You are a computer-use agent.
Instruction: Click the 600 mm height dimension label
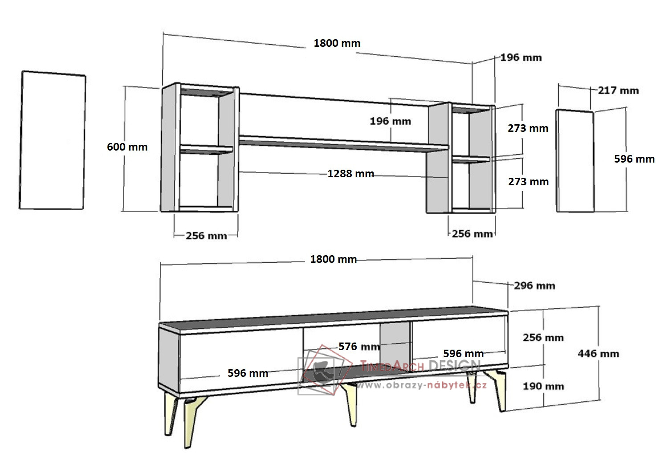127,147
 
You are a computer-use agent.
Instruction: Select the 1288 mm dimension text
351,174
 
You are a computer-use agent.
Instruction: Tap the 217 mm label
618,90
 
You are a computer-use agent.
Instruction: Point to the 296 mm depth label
534,286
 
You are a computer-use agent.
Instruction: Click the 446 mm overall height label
598,354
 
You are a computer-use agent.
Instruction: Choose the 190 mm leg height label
543,386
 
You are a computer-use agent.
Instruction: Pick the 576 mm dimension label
359,347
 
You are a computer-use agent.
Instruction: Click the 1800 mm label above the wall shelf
337,43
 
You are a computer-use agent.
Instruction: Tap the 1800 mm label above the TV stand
334,259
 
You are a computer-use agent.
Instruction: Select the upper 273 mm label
528,128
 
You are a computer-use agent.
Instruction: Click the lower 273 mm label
528,182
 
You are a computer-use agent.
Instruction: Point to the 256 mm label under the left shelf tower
206,236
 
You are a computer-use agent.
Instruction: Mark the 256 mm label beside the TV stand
543,338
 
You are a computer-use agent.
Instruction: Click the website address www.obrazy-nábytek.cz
421,385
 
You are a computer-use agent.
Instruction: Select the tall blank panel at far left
53,140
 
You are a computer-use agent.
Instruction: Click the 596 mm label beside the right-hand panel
634,159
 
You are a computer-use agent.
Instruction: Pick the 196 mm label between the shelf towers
391,121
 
